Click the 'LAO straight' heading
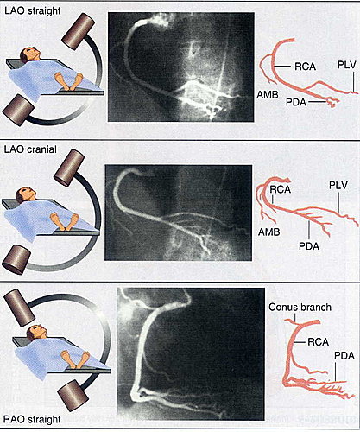[x=33, y=11]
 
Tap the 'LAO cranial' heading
[x=30, y=149]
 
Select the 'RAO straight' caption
[x=32, y=419]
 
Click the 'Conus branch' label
[x=300, y=307]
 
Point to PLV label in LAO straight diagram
[x=347, y=65]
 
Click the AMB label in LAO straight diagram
[x=268, y=94]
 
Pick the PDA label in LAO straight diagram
[x=296, y=102]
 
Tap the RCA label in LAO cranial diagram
[x=280, y=189]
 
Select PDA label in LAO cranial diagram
[x=309, y=246]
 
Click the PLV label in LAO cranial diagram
[x=338, y=186]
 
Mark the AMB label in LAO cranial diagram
[x=269, y=232]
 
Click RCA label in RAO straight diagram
[x=319, y=342]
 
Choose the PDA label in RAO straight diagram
[x=344, y=356]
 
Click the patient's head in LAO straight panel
[x=28, y=54]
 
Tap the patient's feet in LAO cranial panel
[x=64, y=221]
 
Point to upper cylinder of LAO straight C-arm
[x=78, y=31]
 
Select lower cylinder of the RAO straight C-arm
[x=73, y=395]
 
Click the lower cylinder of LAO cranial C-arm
[x=16, y=260]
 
